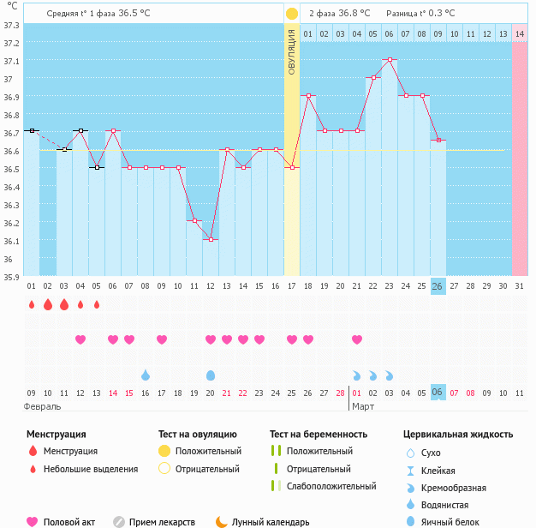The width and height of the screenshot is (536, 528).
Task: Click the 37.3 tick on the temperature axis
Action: coord(11,26)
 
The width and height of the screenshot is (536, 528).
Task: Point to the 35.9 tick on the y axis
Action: coord(11,277)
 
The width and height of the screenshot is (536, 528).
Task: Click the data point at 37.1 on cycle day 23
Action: coord(390,60)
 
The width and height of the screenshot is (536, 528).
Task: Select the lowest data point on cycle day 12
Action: coord(211,239)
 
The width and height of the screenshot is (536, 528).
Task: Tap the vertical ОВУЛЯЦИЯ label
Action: coord(292,52)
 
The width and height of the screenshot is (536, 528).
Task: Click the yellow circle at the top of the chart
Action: coord(292,14)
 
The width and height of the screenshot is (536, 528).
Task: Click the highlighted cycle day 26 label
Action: coord(438,286)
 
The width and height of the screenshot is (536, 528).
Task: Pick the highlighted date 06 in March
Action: coord(438,393)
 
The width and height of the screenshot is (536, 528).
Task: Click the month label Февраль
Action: coord(42,406)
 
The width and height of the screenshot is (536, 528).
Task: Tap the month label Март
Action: coord(363,406)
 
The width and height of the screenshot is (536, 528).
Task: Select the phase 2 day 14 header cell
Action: coord(520,33)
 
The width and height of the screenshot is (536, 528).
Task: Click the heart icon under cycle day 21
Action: coord(357,339)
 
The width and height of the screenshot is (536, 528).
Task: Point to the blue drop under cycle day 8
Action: coord(146,375)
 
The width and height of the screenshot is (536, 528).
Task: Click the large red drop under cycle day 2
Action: coord(47,304)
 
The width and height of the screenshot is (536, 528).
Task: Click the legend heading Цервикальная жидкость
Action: coord(458,435)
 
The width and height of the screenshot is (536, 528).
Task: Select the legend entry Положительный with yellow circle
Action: coord(208,451)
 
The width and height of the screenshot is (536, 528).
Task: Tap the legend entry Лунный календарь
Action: coord(270,522)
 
